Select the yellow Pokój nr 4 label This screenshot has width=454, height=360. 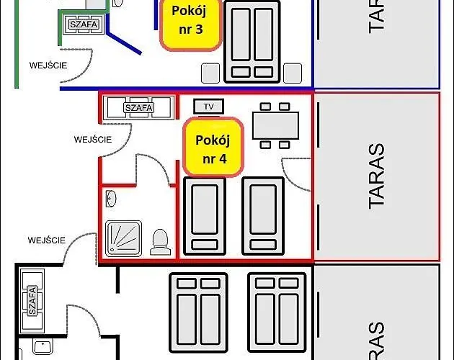[x=211, y=146]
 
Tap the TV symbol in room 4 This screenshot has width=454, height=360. [x=209, y=107]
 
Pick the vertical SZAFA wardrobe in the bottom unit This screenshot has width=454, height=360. [x=32, y=300]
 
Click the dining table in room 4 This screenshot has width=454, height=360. [x=275, y=126]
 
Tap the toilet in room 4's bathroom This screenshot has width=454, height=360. [x=159, y=242]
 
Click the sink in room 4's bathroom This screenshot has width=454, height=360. [x=110, y=197]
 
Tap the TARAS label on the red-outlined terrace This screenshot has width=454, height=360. [x=376, y=176]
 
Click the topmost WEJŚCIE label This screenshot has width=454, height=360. [x=49, y=65]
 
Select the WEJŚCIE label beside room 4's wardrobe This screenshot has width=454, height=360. [x=93, y=140]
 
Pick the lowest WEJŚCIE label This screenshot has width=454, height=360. [x=47, y=240]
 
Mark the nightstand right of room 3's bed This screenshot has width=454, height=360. [x=293, y=73]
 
